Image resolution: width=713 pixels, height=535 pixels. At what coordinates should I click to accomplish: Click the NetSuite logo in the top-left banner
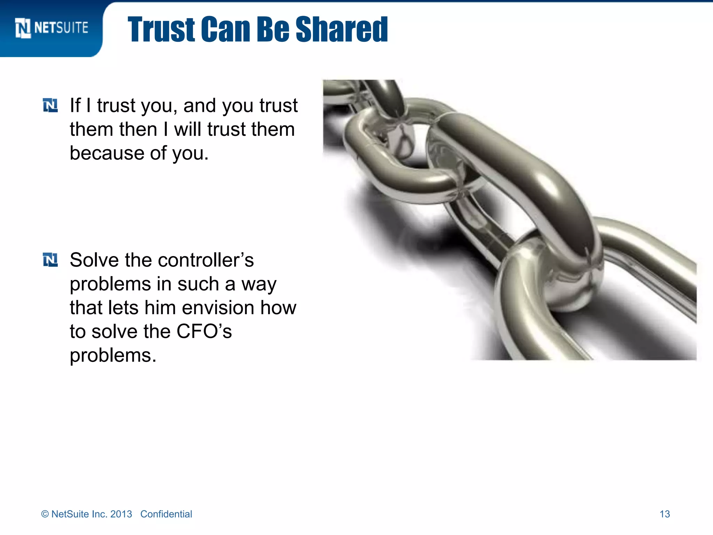click(52, 28)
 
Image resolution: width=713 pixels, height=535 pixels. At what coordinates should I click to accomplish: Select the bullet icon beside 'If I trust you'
click(50, 106)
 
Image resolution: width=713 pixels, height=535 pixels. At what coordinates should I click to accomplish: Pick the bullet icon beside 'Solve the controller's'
click(50, 260)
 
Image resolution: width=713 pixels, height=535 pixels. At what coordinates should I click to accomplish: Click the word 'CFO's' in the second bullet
click(204, 332)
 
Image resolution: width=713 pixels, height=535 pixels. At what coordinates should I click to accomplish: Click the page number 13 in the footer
click(665, 514)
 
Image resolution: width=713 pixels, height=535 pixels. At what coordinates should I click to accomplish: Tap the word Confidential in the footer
click(166, 514)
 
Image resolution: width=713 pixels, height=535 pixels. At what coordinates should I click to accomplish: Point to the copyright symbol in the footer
click(45, 514)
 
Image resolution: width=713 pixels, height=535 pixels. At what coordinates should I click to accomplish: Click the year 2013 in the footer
click(121, 514)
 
